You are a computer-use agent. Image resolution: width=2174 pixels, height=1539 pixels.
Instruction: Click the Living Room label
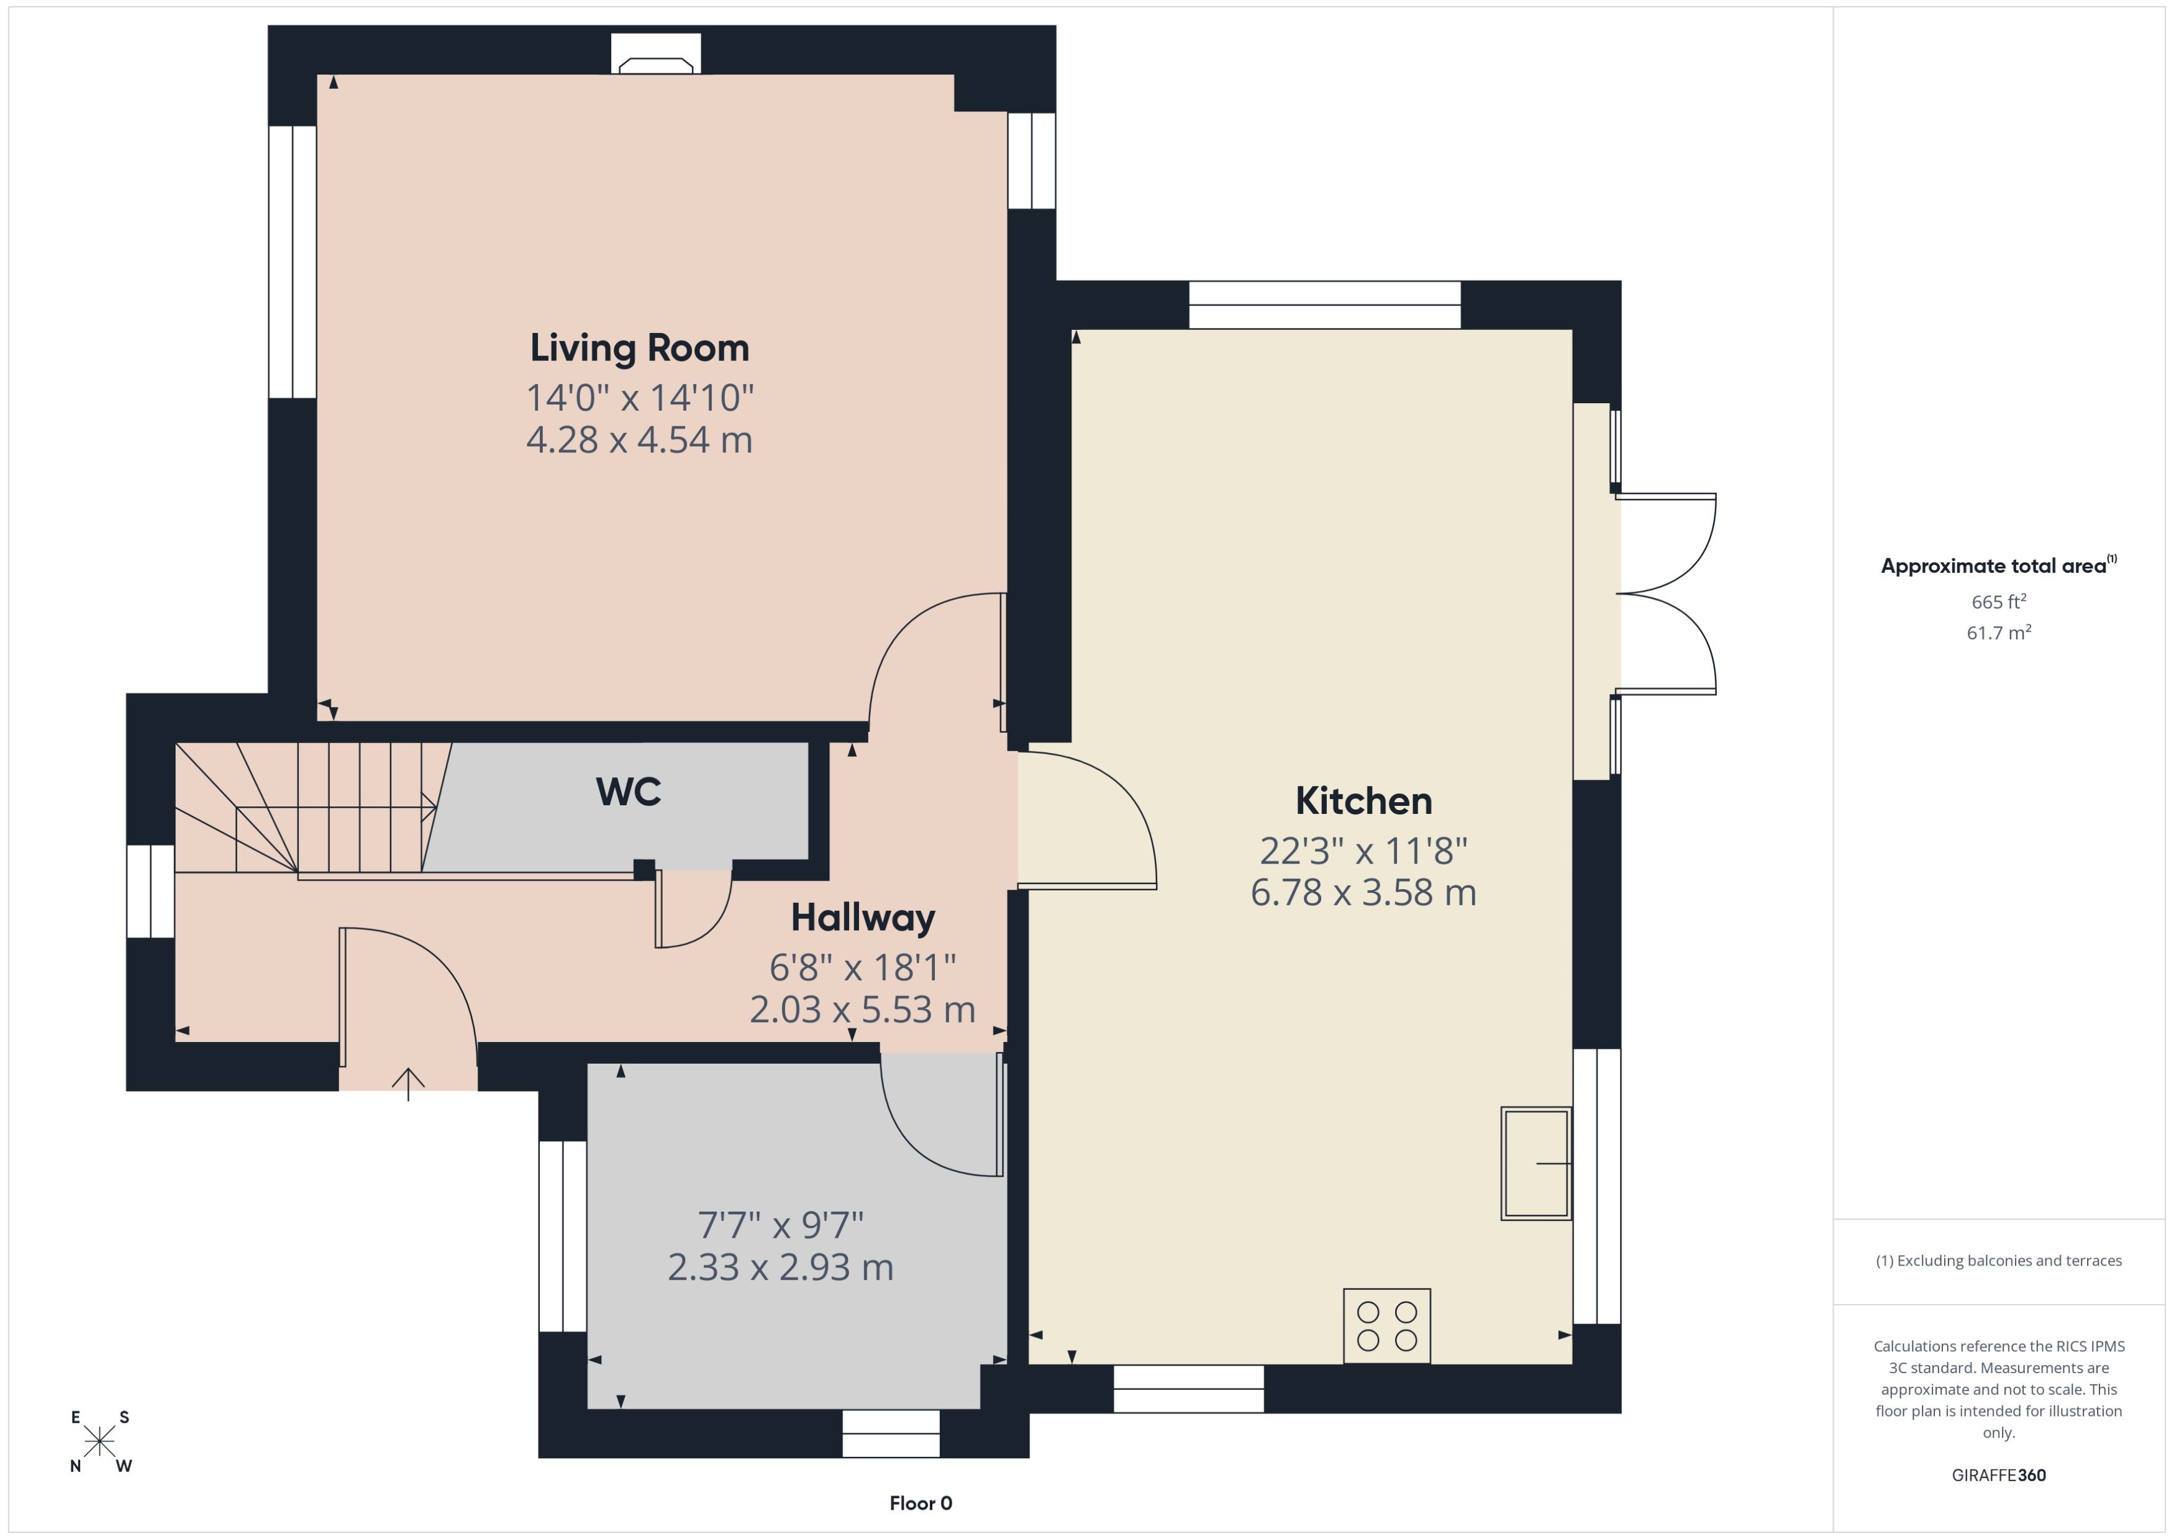coord(639,348)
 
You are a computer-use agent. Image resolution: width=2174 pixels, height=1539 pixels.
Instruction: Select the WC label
coord(628,792)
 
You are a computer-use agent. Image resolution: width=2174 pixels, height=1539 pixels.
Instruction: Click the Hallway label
coord(863,917)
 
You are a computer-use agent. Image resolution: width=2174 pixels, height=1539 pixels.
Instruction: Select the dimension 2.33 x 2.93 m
coord(781,1267)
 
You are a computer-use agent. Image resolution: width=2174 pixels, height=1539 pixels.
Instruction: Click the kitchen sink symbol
coord(1535,1162)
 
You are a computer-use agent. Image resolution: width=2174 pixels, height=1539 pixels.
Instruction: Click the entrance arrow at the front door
coord(408,1083)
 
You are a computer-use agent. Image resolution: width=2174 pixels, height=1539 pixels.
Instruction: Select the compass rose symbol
coord(99,1441)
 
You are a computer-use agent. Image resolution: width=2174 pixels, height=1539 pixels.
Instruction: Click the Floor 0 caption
coord(920,1503)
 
